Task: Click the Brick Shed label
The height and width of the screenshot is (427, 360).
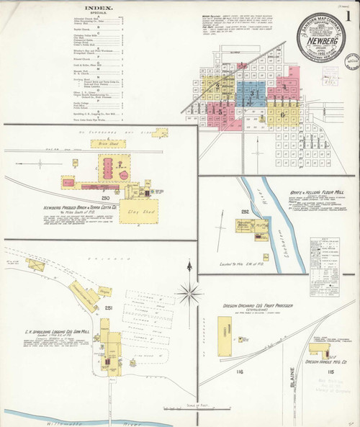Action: (106, 144)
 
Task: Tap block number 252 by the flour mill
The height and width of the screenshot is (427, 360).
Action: (245, 212)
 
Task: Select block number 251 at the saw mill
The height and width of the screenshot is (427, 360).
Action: (109, 307)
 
